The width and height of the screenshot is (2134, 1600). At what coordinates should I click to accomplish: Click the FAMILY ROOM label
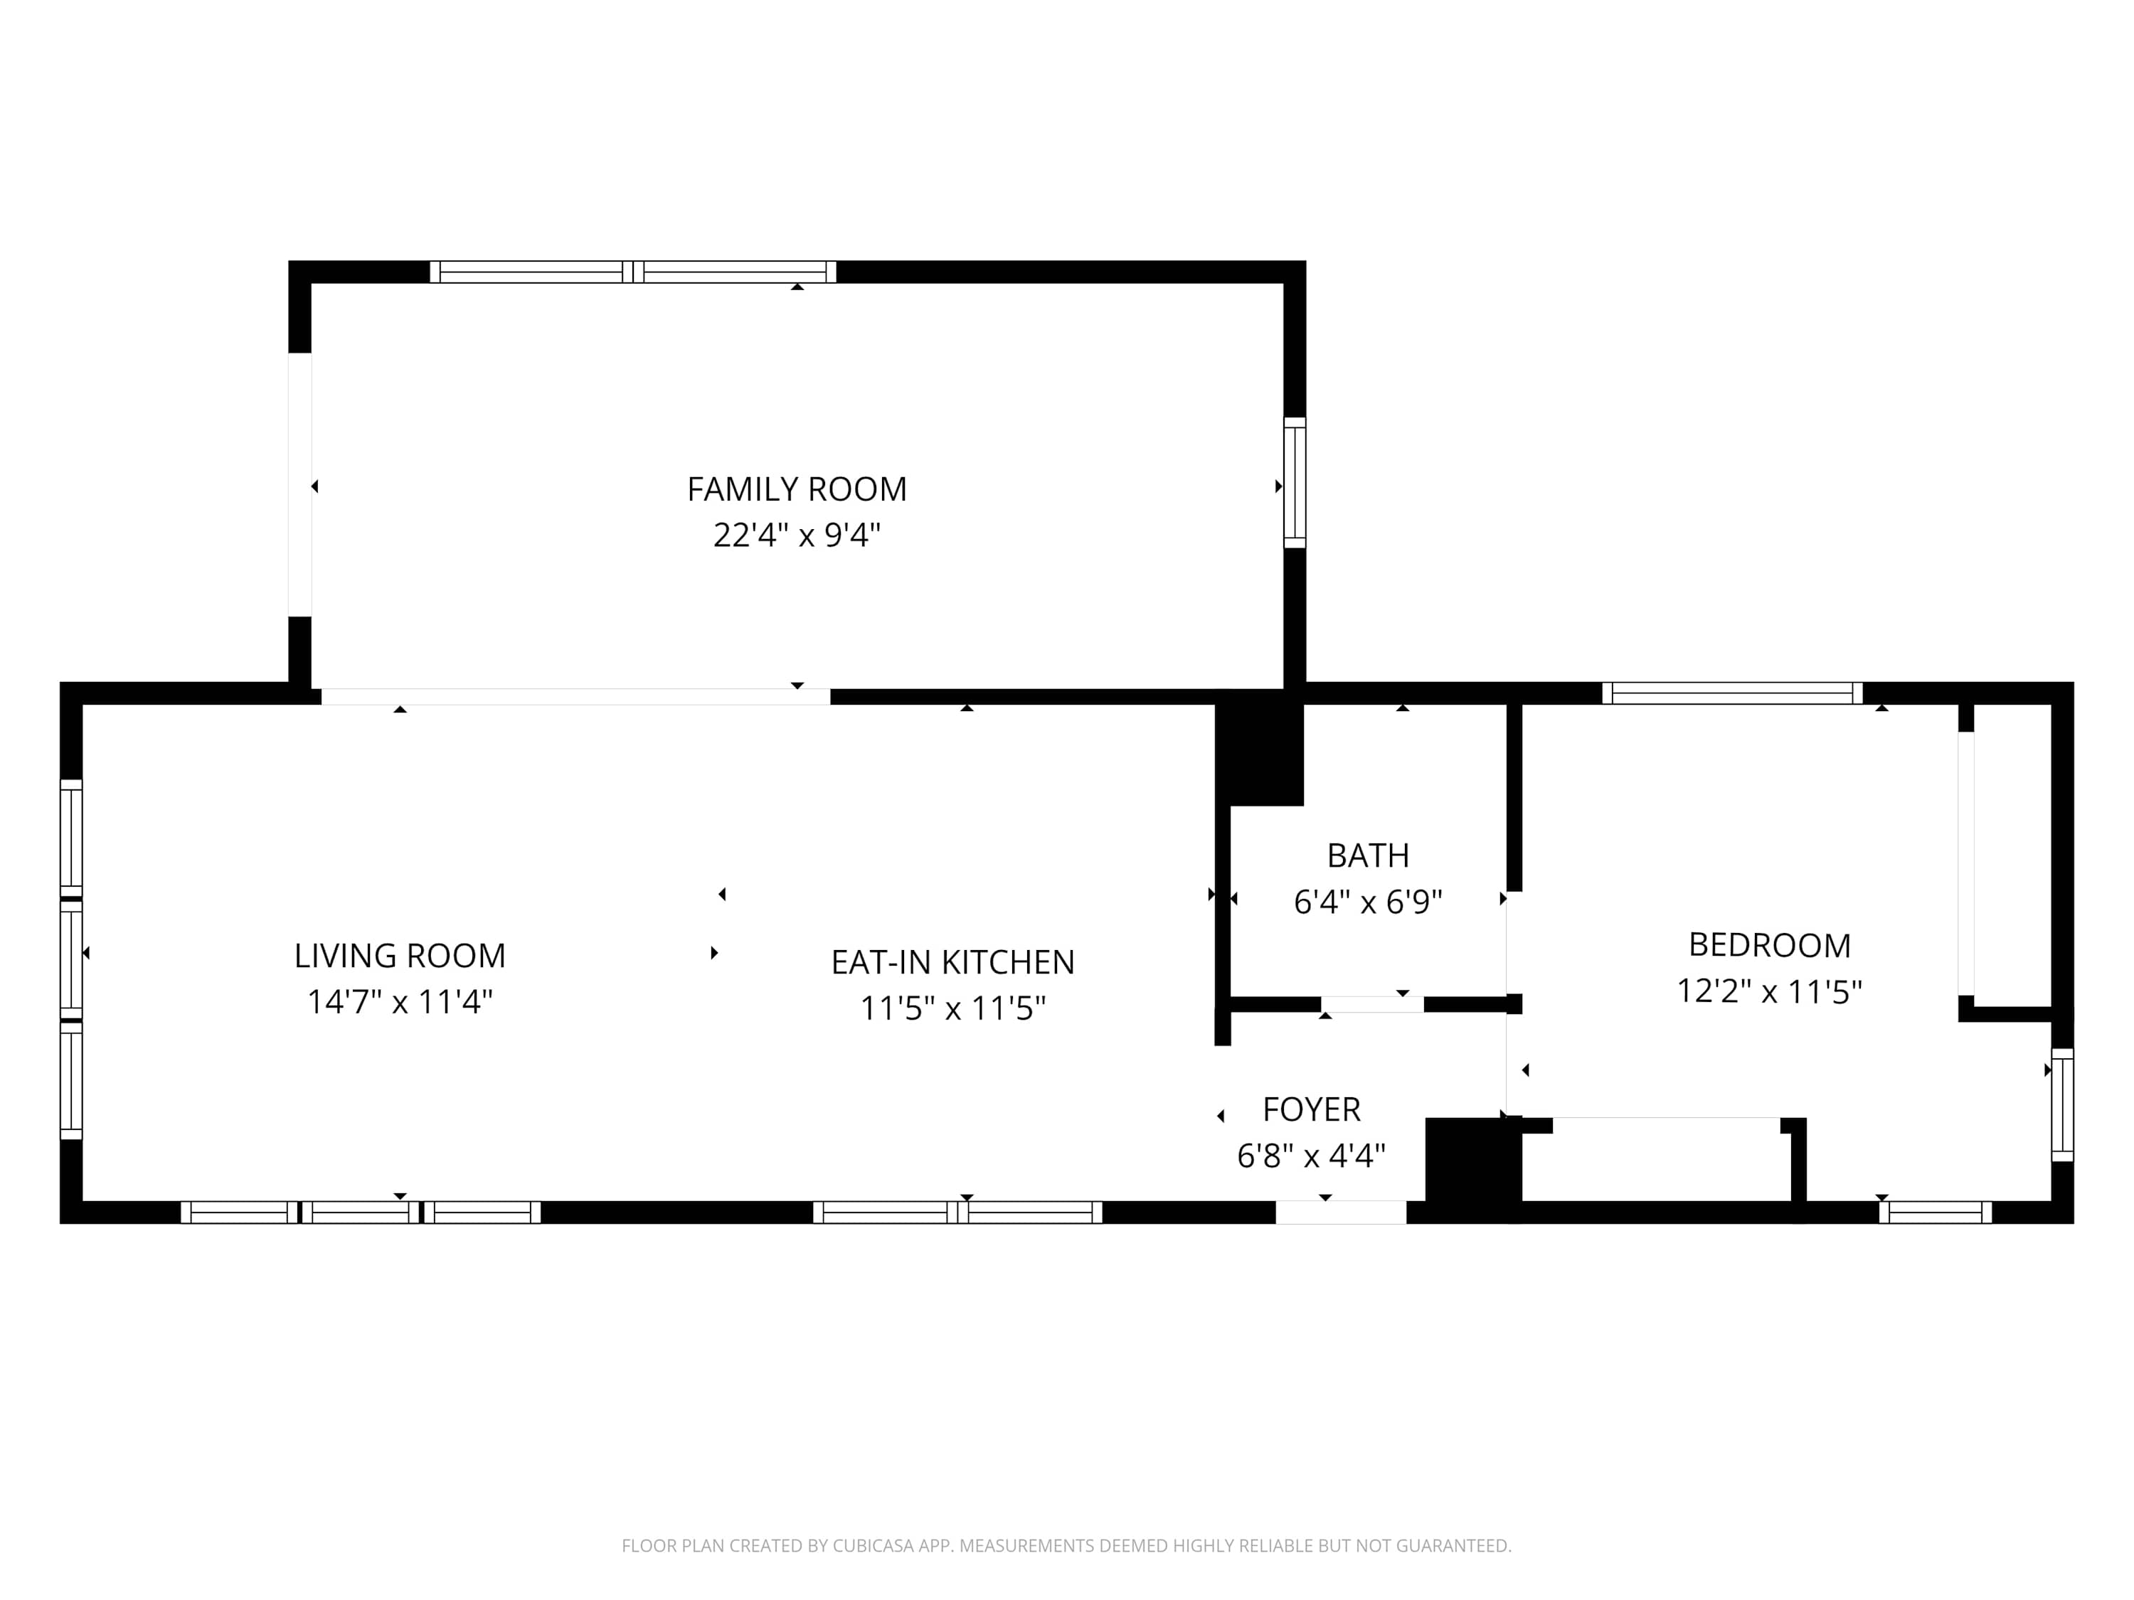coord(797,489)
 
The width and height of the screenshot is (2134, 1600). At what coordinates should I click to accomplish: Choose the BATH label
coord(1368,855)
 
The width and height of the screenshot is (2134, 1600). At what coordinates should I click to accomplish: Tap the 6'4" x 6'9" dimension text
coord(1368,902)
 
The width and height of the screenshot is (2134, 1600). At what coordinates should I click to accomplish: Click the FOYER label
coord(1312,1109)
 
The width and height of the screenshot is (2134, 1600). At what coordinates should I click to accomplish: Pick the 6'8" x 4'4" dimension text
coord(1312,1156)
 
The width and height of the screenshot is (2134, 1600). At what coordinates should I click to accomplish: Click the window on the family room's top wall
coord(633,272)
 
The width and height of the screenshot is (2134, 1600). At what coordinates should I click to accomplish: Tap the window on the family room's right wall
coord(1295,483)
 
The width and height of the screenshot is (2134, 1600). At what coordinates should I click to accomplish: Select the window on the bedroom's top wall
coord(1733,693)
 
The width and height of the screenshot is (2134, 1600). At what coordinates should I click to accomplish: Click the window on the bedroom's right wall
coord(2063,1105)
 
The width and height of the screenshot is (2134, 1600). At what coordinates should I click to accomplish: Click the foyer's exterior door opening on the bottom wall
coord(1341,1212)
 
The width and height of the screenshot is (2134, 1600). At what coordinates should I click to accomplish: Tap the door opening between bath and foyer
coord(1372,1005)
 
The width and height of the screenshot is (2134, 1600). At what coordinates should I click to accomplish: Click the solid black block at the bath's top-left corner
coord(1259,747)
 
